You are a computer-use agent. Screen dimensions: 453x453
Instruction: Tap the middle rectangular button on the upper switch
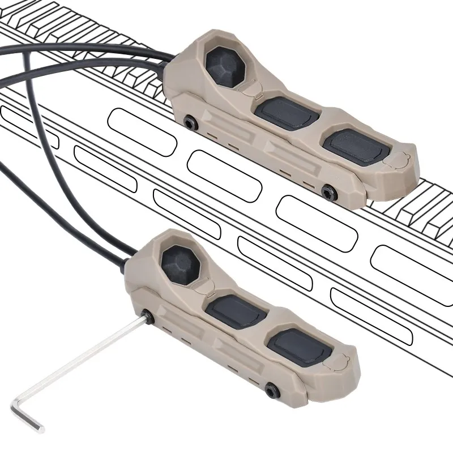coord(283,113)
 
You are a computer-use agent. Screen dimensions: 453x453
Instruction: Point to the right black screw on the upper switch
coord(327,193)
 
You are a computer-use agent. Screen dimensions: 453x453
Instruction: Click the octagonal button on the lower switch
coord(181,263)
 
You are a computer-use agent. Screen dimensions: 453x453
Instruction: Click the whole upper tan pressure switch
coord(294,125)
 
